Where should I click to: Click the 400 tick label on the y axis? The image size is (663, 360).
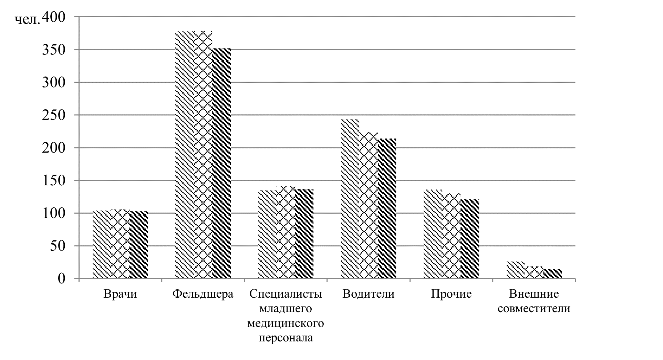[54, 17]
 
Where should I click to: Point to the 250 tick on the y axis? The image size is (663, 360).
[54, 115]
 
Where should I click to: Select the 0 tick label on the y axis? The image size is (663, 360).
[62, 279]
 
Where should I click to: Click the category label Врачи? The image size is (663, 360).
[120, 294]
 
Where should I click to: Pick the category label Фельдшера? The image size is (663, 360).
[203, 294]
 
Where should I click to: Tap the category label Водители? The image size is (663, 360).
[368, 294]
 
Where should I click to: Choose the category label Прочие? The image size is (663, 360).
[451, 294]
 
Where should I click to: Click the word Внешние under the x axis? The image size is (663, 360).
[533, 294]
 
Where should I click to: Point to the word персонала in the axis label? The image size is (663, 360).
[286, 338]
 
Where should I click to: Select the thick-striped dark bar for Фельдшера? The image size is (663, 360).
[221, 163]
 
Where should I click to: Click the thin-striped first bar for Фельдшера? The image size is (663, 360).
[184, 155]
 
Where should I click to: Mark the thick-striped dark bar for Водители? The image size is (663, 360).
[387, 208]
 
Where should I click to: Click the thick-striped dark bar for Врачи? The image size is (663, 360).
[139, 245]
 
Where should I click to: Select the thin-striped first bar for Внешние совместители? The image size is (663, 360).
[515, 270]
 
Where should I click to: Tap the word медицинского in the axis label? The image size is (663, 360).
[286, 323]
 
